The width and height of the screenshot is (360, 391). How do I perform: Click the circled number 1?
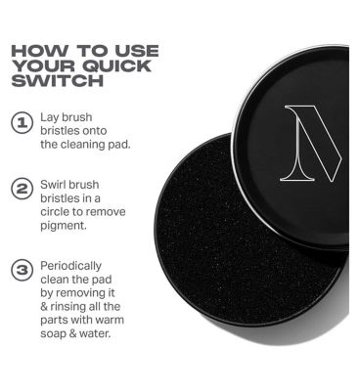coord(22,123)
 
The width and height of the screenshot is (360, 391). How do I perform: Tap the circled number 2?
coord(22,190)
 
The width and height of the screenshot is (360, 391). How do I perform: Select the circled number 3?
coord(22,271)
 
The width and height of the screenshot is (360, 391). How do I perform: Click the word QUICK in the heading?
coord(116,65)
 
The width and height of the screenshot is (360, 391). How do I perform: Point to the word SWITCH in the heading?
coord(58,80)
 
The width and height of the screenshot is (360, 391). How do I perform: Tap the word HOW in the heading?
coord(40,51)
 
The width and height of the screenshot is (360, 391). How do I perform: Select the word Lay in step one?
coord(50,117)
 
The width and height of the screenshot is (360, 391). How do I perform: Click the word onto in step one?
coord(95,131)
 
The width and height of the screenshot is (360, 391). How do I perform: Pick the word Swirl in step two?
coord(52,185)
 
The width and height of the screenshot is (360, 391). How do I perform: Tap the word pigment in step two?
coord(64,226)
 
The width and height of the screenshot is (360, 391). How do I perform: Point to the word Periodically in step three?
coord(70,266)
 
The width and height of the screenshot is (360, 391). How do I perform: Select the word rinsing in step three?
coord(67,307)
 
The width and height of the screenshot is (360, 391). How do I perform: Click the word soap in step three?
coord(52,334)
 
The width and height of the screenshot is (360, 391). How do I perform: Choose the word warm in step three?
coord(110,321)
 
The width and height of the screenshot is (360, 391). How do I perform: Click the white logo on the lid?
coord(311,143)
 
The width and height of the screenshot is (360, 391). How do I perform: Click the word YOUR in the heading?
coord(44,65)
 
